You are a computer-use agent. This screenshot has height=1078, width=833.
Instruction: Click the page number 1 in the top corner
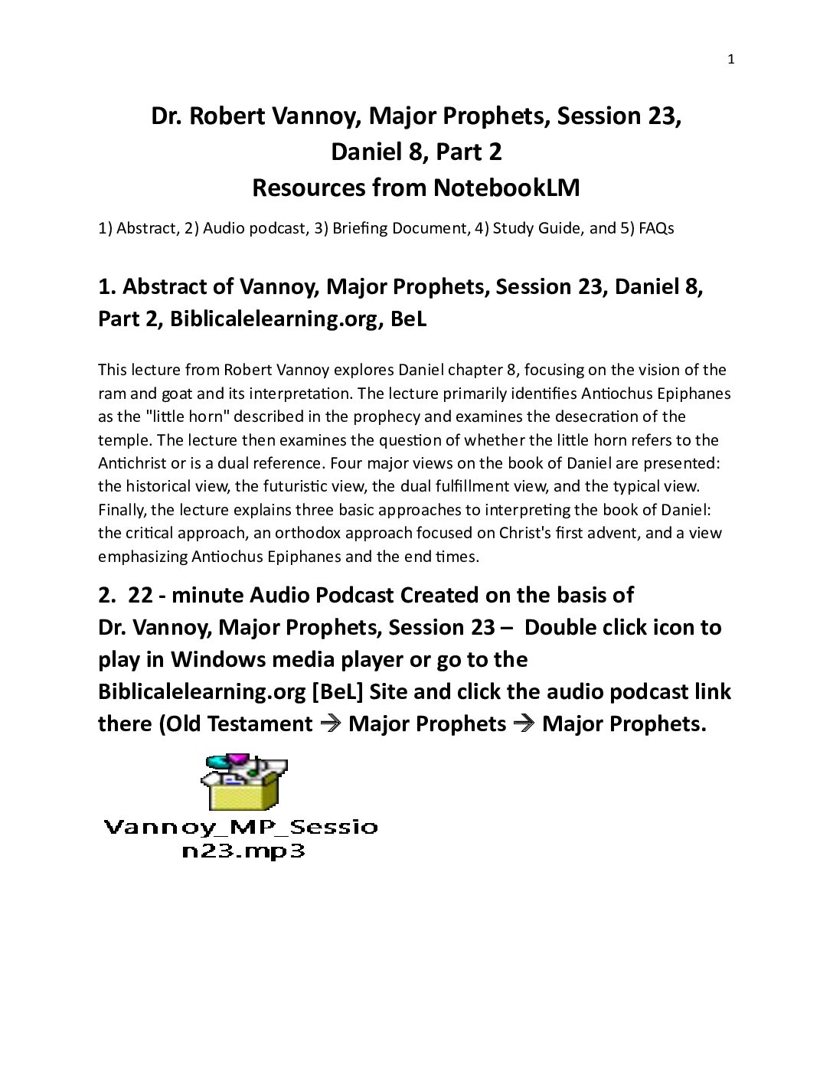click(x=731, y=60)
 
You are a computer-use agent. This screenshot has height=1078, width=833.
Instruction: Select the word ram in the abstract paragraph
click(x=109, y=394)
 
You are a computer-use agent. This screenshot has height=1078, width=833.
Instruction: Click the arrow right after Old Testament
click(x=330, y=724)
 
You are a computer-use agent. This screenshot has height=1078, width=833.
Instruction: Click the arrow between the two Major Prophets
click(x=524, y=724)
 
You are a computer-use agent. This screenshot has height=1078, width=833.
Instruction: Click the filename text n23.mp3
click(x=243, y=852)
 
